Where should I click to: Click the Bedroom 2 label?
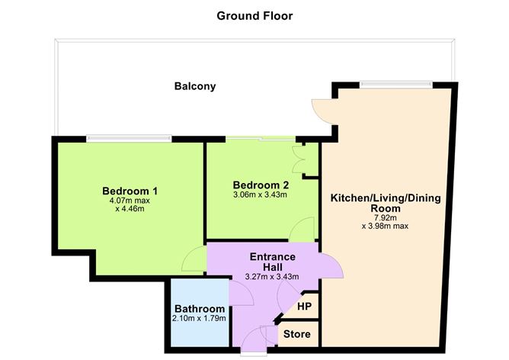click(x=261, y=185)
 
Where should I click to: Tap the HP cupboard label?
click(x=304, y=306)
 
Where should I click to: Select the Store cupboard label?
click(x=296, y=334)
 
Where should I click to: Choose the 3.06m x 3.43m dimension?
click(x=261, y=195)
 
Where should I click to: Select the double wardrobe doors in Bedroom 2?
click(x=298, y=161)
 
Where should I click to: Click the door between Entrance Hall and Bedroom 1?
click(x=194, y=263)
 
